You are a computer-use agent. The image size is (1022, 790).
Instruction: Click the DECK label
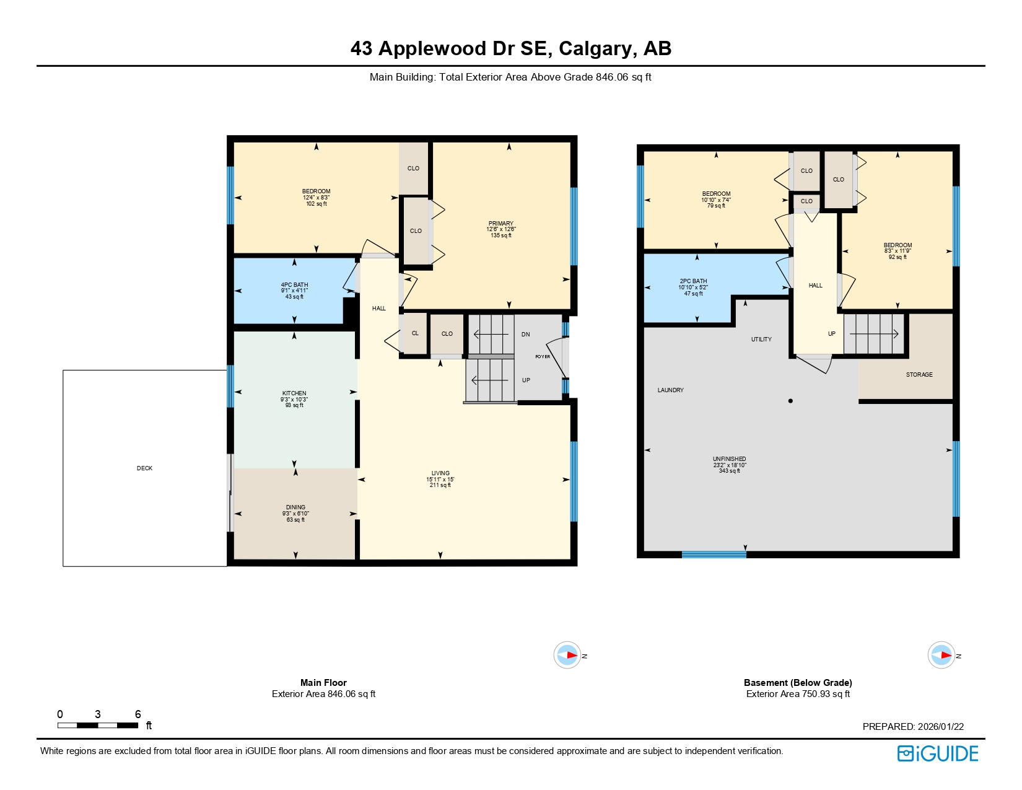[144, 468]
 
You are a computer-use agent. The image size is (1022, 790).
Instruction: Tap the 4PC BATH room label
[294, 285]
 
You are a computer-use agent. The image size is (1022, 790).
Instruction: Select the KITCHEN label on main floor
[294, 393]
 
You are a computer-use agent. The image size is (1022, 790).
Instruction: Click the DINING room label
[295, 507]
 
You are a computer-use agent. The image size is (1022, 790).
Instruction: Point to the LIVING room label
[440, 473]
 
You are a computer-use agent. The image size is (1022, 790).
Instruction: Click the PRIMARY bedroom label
[500, 224]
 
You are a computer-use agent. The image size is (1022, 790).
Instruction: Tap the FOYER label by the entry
[543, 357]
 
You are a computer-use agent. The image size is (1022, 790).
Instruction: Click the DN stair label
[525, 335]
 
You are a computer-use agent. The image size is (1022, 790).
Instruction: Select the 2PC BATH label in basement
[693, 281]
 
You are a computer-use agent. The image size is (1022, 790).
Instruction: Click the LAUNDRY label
[670, 390]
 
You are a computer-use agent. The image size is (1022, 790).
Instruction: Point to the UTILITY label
[761, 340]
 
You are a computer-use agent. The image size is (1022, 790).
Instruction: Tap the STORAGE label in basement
[919, 375]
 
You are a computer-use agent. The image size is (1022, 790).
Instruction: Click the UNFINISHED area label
[729, 459]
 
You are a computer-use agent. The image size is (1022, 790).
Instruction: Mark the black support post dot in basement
[790, 401]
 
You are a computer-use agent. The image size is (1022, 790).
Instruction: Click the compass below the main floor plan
[567, 655]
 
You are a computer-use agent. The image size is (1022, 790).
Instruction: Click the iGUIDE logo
[937, 753]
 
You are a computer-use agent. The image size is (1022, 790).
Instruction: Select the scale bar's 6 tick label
[138, 714]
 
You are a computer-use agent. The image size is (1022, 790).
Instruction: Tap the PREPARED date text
[913, 727]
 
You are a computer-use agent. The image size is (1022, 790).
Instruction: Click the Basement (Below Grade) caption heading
[798, 683]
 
